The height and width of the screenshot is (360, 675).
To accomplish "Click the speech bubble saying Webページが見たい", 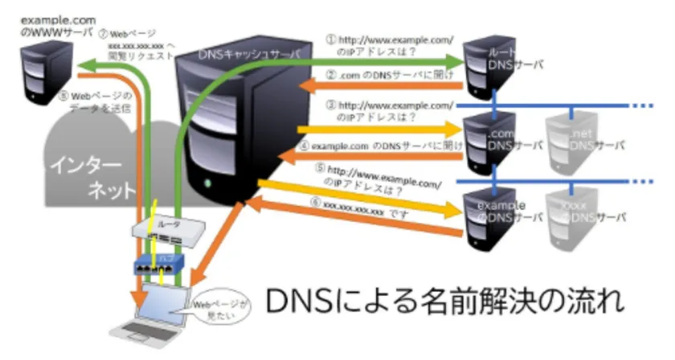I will (x=215, y=307).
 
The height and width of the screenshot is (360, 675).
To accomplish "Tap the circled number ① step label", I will (x=329, y=37).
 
